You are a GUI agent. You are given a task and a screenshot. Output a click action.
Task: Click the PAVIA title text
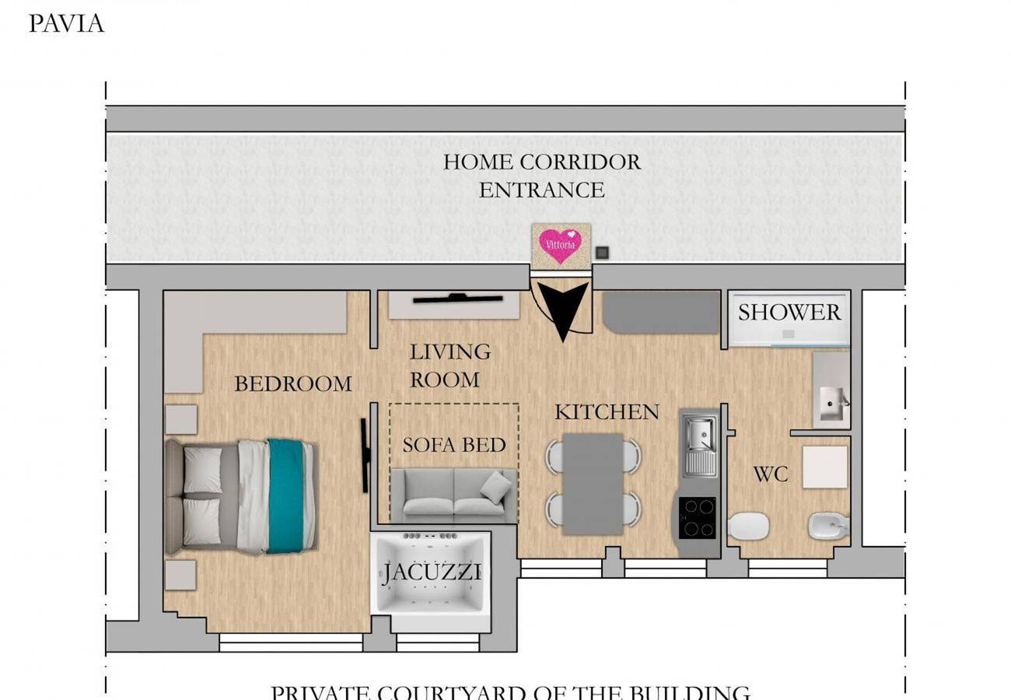66,23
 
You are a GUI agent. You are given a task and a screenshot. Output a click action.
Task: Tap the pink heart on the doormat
561,244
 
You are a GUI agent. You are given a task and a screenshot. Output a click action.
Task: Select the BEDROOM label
292,383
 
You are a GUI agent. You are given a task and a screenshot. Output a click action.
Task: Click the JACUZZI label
432,573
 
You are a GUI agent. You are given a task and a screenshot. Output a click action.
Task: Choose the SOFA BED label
454,445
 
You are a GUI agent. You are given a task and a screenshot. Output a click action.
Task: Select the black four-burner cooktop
697,517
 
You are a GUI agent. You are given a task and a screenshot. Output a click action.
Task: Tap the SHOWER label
789,313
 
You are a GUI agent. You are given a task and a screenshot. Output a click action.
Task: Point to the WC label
770,474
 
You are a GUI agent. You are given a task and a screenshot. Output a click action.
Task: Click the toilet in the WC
750,526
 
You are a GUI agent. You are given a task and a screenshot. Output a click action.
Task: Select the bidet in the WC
827,526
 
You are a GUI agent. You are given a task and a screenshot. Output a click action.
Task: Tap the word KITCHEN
607,411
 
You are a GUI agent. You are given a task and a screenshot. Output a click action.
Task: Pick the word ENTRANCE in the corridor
541,190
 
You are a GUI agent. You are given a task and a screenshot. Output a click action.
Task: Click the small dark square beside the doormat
601,252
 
